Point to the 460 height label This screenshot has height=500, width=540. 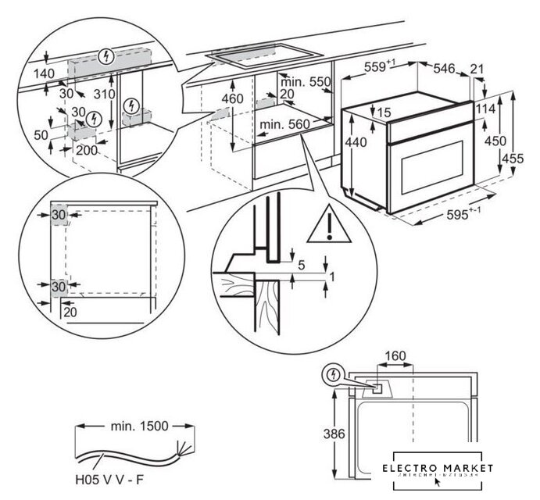(x=233, y=99)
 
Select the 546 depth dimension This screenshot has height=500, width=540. (x=445, y=69)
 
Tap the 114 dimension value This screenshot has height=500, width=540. (x=485, y=109)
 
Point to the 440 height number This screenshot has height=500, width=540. (x=356, y=144)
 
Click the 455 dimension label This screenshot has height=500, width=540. (x=513, y=159)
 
